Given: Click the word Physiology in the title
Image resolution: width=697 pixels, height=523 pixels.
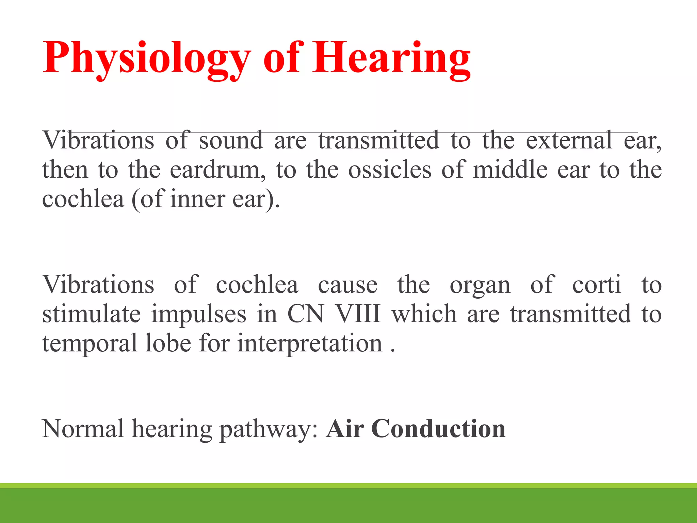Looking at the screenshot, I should (x=146, y=58).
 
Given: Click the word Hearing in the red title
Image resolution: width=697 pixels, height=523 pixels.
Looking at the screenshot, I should (x=391, y=58).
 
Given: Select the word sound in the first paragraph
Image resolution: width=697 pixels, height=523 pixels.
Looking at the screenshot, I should (x=231, y=140).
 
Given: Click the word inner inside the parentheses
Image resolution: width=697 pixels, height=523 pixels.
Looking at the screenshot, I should (x=197, y=199).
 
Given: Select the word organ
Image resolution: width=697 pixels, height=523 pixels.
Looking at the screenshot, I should (x=480, y=285).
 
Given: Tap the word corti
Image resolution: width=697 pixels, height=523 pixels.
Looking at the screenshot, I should (x=596, y=285).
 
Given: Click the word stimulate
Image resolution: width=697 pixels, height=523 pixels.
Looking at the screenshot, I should (x=91, y=314).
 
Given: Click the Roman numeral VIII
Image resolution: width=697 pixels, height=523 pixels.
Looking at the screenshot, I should (x=358, y=314).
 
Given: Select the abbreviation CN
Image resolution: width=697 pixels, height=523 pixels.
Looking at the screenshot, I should (x=305, y=314).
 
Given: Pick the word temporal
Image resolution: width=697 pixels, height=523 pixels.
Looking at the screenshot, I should (x=89, y=343).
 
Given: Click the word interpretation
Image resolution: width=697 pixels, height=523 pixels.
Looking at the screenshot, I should (x=310, y=343).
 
